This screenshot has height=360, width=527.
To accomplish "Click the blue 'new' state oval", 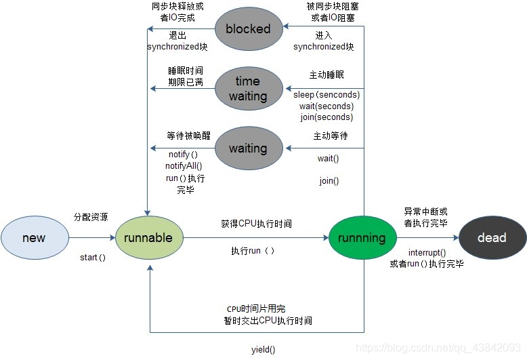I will tap(35, 238).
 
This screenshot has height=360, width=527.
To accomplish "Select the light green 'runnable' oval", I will tap(149, 238).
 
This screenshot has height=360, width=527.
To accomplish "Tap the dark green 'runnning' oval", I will tap(362, 238).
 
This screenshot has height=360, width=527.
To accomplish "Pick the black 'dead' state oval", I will tap(492, 238).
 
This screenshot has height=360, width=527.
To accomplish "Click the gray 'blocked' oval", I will tap(248, 28).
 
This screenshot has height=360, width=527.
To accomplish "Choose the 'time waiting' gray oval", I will tap(248, 89).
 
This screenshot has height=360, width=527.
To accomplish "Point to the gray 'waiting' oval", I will tap(248, 148).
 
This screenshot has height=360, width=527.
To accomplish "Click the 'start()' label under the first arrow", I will tap(93, 258).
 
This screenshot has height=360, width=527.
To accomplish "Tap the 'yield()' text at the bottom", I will tap(263, 350).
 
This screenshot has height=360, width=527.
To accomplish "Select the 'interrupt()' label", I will tap(427, 252).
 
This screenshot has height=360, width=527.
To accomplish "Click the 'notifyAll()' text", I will tap(184, 166).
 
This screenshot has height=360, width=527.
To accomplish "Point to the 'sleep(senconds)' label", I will tap(326, 94).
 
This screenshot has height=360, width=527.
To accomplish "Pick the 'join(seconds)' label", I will tap(326, 117).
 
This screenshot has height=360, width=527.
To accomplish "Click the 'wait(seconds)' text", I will tap(326, 106).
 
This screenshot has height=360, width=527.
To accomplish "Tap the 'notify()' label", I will tap(183, 155).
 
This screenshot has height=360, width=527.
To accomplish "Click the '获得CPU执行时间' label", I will tap(256, 224).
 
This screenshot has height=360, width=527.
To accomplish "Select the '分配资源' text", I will tap(91, 217).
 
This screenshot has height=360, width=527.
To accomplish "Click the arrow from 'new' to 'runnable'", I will tap(92, 238).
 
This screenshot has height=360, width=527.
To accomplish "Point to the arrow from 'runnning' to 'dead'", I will tap(427, 238).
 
